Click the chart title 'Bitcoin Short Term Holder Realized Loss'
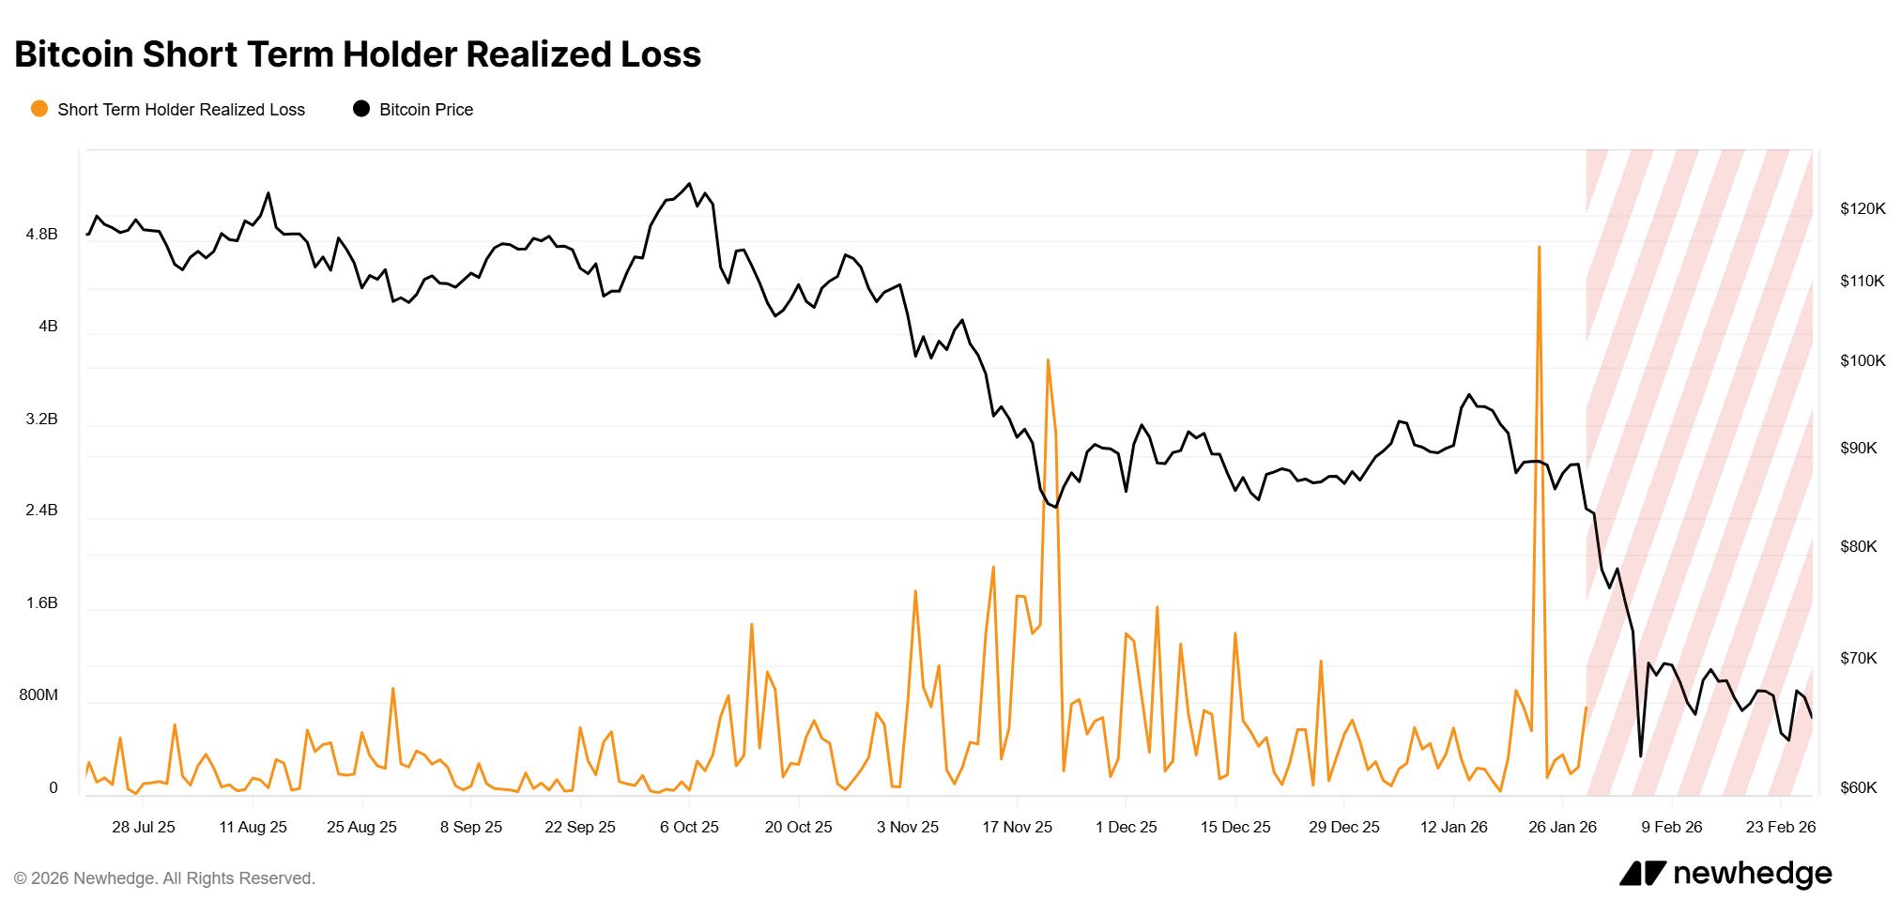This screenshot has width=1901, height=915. click(358, 54)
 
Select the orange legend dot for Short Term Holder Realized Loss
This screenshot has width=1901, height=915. click(39, 109)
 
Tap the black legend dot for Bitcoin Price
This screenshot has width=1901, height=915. click(361, 109)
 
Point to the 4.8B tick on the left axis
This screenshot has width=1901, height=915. click(41, 234)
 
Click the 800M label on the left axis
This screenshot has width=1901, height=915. click(38, 694)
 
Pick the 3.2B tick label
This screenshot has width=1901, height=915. click(41, 419)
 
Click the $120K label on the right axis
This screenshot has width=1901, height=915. click(1863, 208)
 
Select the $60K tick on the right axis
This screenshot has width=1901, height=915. click(1858, 787)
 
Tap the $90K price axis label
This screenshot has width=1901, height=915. click(1858, 448)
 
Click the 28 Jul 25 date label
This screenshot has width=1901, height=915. click(144, 827)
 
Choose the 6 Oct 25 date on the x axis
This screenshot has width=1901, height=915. click(689, 827)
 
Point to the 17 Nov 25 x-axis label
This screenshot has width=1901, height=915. click(1017, 827)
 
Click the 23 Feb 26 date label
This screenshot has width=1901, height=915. click(1780, 827)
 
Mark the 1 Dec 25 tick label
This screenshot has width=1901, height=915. click(1126, 827)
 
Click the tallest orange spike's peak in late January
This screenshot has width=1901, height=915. click(1540, 248)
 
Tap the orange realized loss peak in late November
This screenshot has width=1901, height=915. click(1048, 360)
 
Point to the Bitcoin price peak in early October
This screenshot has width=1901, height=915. click(690, 184)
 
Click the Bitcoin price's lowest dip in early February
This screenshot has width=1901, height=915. click(1640, 755)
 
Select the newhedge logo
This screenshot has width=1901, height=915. click(1725, 874)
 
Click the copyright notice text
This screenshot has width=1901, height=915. click(164, 878)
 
